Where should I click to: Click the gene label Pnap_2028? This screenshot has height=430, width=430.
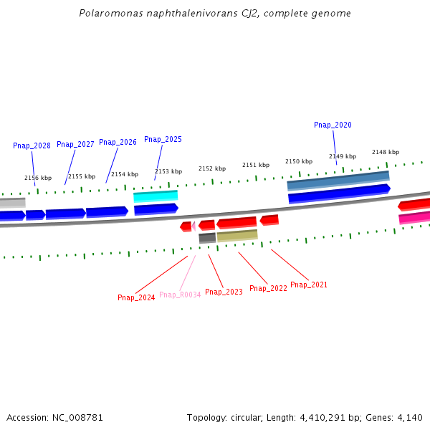(x=32, y=145)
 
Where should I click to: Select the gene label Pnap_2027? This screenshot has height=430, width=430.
(x=75, y=144)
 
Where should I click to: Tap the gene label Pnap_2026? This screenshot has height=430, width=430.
(x=118, y=142)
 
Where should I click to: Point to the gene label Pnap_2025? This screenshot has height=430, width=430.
(x=163, y=139)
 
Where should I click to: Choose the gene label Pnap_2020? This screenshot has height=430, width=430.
(x=333, y=125)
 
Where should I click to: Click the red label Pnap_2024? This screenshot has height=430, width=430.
(x=136, y=297)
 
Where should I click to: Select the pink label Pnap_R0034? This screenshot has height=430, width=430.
(x=180, y=295)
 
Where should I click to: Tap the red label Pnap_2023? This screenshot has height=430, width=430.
(x=224, y=292)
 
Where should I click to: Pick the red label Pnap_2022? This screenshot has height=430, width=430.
(x=268, y=288)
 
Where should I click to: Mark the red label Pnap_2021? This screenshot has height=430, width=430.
(x=309, y=285)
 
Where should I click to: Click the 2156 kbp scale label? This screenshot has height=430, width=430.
(x=38, y=178)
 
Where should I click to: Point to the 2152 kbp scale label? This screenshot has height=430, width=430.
(x=212, y=168)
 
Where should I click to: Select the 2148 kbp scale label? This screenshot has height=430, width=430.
(x=386, y=152)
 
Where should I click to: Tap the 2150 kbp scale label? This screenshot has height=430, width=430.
(x=299, y=161)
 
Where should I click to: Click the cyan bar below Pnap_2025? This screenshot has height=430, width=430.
(x=156, y=196)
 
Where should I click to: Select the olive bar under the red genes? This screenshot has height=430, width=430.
(x=237, y=236)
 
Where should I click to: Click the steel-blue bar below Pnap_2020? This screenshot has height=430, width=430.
(x=338, y=180)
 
